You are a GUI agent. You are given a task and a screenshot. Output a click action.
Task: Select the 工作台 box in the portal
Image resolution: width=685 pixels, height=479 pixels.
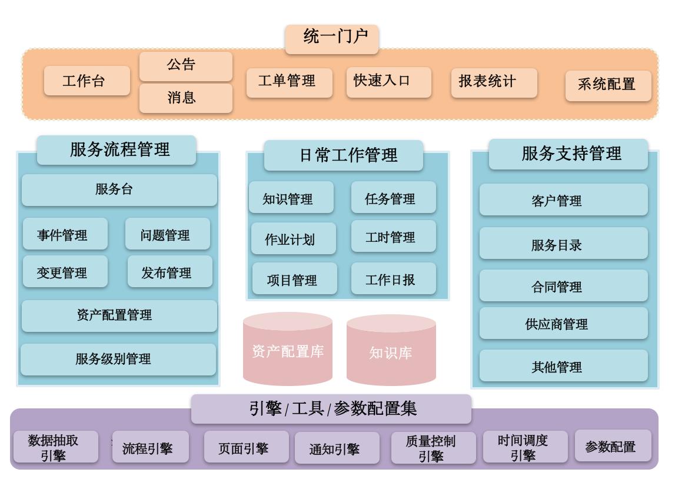tap(87, 81)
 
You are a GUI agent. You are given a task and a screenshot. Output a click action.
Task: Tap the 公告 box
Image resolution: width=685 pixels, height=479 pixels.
tap(185, 66)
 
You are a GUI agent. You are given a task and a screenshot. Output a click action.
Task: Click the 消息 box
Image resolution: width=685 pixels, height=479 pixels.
tap(185, 98)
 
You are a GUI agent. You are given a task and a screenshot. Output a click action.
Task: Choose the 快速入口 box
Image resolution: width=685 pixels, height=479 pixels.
tap(388, 82)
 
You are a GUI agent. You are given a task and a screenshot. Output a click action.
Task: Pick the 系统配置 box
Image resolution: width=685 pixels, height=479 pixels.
tap(608, 85)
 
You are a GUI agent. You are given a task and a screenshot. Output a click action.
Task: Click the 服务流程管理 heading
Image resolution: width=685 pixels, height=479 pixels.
tap(117, 150)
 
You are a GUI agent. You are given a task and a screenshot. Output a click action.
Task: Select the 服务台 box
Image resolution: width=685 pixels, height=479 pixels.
tap(119, 189)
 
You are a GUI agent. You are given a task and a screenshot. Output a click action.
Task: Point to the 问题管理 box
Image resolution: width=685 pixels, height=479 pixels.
tap(167, 234)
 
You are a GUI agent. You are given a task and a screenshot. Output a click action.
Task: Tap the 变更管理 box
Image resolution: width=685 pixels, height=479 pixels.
tap(65, 271)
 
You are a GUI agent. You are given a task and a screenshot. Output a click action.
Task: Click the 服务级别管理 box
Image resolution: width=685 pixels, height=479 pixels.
tap(118, 359)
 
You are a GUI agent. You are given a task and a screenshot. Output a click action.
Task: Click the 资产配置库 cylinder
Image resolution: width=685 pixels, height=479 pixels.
tap(287, 352)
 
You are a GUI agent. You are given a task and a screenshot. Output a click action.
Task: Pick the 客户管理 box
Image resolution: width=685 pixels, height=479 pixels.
tap(563, 199)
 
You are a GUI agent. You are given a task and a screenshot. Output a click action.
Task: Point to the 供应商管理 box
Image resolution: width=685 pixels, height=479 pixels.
tap(563, 323)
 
